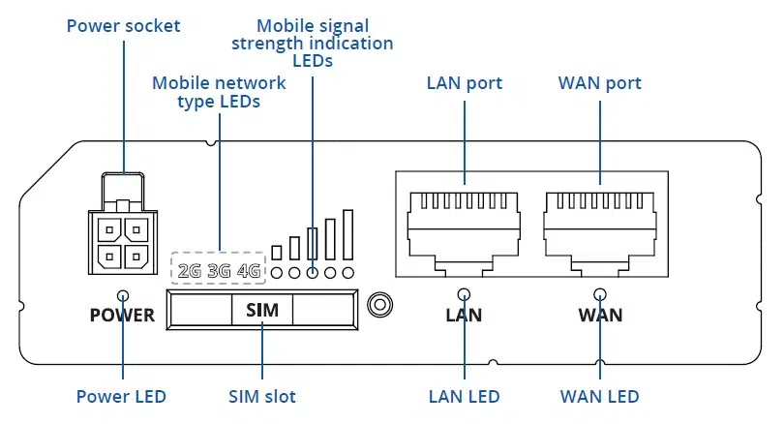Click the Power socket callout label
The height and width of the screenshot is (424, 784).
124,25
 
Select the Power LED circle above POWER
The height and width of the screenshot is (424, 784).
124,295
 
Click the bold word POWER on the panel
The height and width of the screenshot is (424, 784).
122,315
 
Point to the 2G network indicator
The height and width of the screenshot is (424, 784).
190,271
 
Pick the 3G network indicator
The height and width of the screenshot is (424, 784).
219,271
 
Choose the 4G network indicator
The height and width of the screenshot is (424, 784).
249,271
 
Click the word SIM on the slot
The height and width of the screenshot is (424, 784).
262,311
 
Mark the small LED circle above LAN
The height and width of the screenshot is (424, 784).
465,295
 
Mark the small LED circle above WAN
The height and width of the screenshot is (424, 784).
600,295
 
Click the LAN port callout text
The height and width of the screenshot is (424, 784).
465,83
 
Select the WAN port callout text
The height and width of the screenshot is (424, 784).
600,83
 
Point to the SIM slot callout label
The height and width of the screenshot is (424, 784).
262,396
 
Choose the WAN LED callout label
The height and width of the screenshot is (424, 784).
600,396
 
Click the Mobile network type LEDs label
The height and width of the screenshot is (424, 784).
220,92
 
